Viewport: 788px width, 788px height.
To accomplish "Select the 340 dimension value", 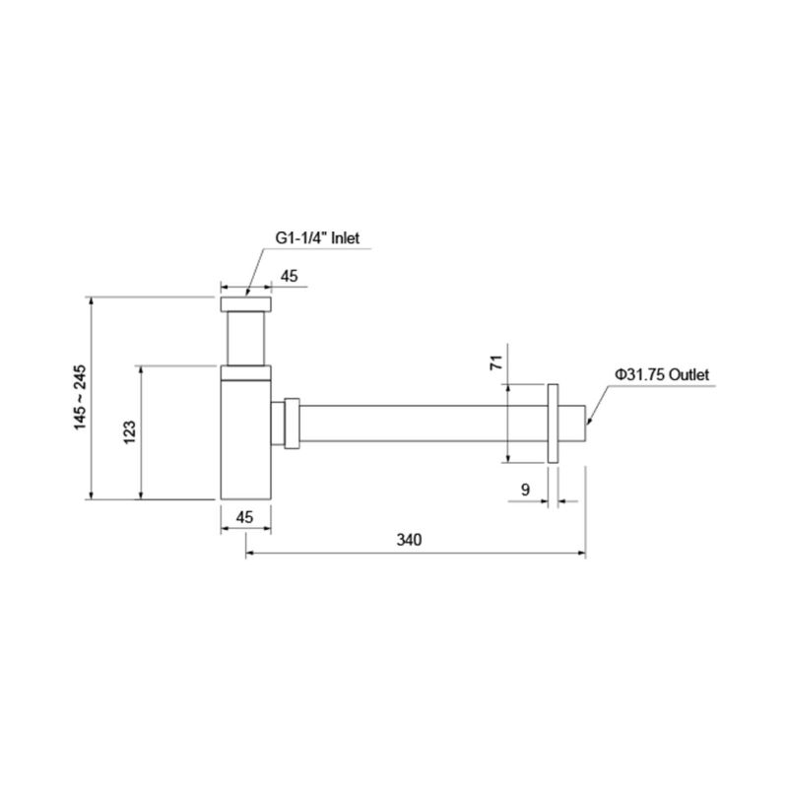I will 409,540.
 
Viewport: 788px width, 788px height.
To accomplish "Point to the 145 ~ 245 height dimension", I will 80,396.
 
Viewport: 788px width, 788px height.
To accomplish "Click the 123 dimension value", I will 129,431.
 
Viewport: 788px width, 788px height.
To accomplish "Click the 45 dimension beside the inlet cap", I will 290,276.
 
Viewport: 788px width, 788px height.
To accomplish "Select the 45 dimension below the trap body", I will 243,516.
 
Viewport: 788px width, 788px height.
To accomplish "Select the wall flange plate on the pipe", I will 554,422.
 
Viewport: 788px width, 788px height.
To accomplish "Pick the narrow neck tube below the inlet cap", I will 244,338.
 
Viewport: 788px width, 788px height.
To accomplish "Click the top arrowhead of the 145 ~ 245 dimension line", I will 92,298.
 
